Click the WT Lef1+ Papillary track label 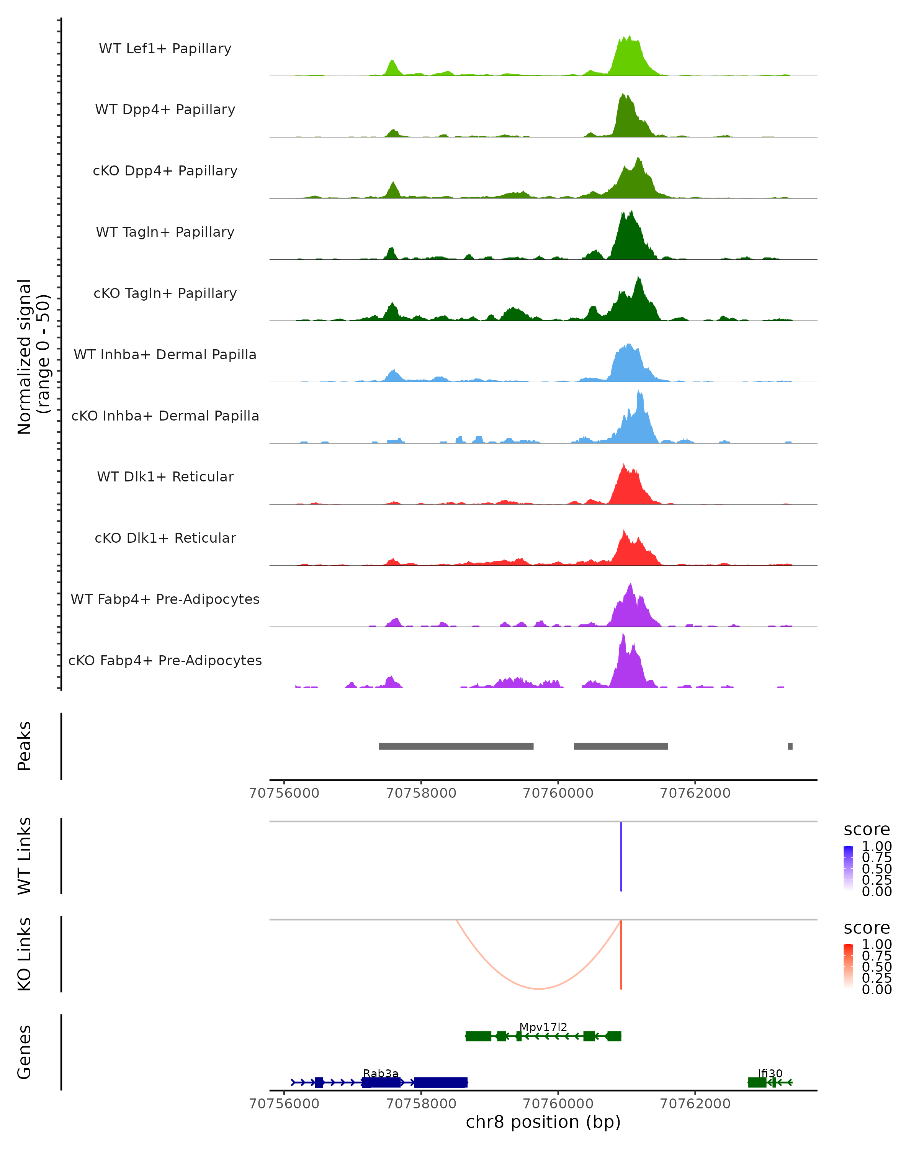(x=165, y=49)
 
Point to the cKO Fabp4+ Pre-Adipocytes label (x=165, y=660)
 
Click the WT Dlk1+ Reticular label (x=165, y=477)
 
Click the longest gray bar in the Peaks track (x=456, y=746)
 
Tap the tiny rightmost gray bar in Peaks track (x=790, y=746)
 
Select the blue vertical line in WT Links (x=621, y=856)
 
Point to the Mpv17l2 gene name (x=543, y=1027)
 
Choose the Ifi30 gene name (x=770, y=1073)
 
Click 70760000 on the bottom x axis (x=558, y=1103)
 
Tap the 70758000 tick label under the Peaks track (x=421, y=793)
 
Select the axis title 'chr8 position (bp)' (x=543, y=1122)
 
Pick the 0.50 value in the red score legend (x=876, y=966)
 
